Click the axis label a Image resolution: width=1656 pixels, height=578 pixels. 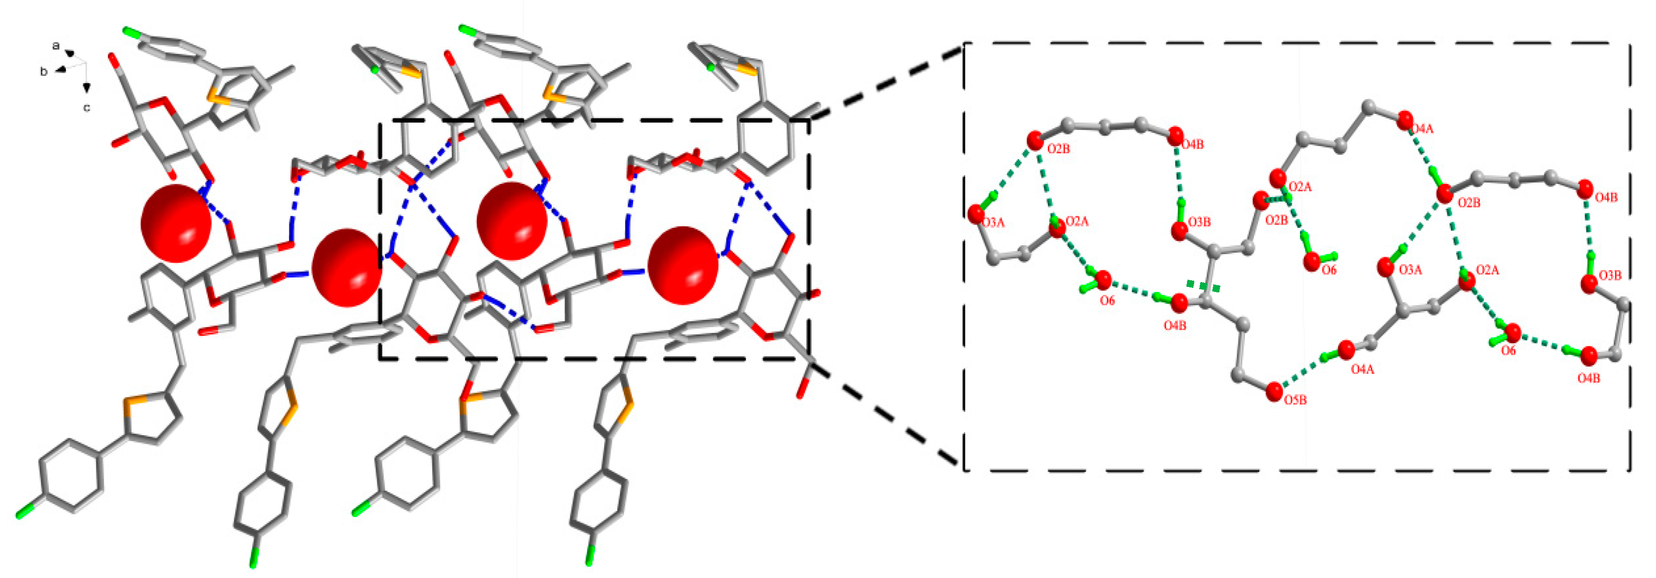pyautogui.click(x=56, y=46)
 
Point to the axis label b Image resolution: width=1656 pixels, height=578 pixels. pyautogui.click(x=44, y=71)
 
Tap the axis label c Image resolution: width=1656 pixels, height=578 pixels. pyautogui.click(x=86, y=108)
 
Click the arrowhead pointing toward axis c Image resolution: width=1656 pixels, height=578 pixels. pyautogui.click(x=86, y=87)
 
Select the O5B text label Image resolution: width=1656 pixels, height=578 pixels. pyautogui.click(x=1295, y=400)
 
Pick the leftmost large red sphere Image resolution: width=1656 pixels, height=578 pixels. pyautogui.click(x=175, y=223)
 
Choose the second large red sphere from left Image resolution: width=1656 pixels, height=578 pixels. pyautogui.click(x=346, y=268)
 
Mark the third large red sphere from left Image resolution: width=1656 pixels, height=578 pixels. pyautogui.click(x=512, y=221)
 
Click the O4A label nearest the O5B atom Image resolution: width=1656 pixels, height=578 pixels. pyautogui.click(x=1362, y=370)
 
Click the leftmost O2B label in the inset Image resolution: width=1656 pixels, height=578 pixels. pyautogui.click(x=1058, y=149)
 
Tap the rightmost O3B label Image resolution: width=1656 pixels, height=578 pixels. pyautogui.click(x=1610, y=276)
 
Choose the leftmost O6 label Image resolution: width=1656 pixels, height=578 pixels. pyautogui.click(x=1107, y=300)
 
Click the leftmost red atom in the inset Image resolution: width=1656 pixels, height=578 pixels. pyautogui.click(x=975, y=213)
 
